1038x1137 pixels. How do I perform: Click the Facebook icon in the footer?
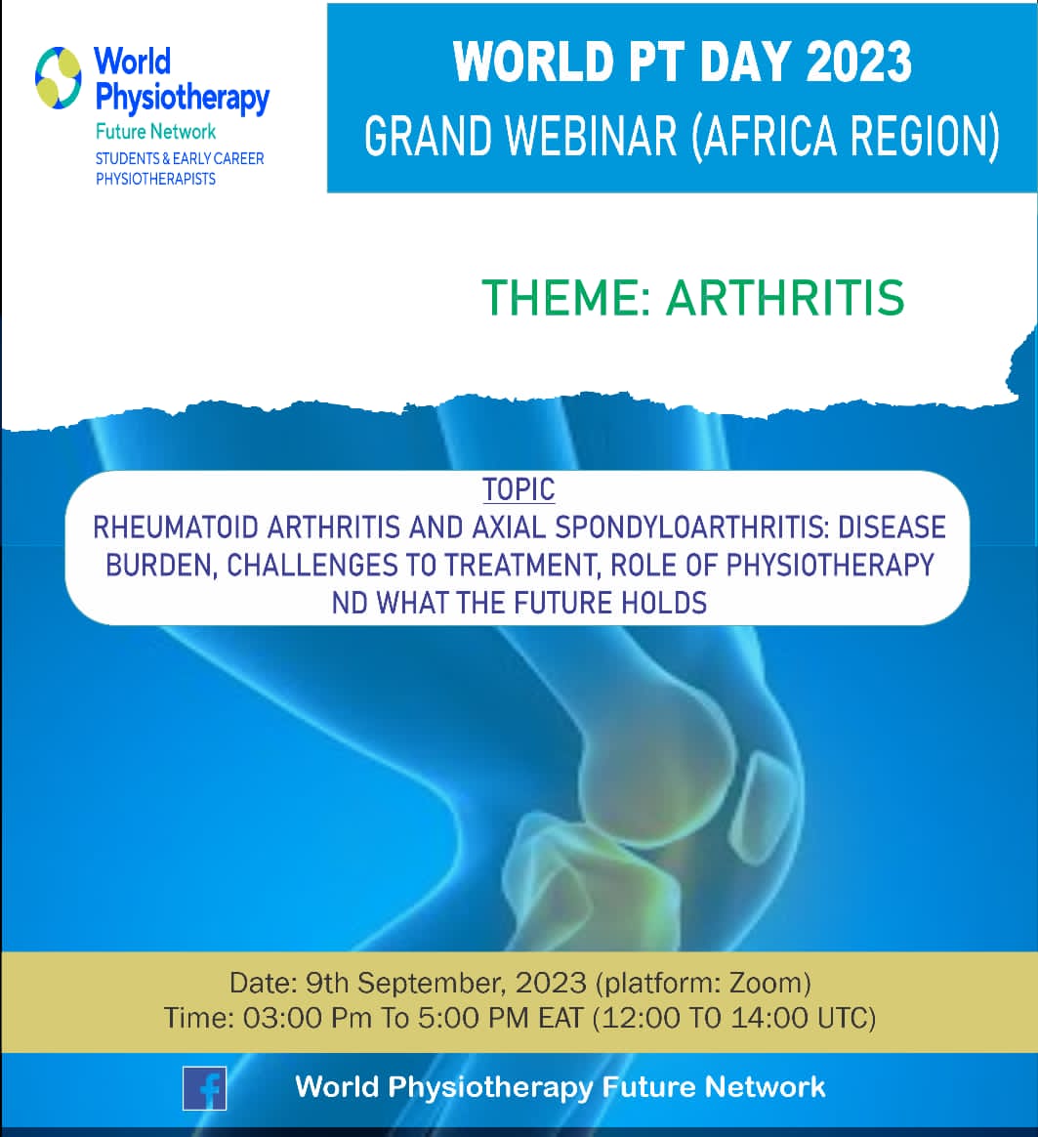tap(204, 1088)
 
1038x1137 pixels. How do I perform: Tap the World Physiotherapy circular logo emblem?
tap(58, 77)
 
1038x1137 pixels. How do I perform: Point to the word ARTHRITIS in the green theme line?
tap(785, 297)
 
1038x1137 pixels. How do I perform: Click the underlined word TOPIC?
tap(519, 489)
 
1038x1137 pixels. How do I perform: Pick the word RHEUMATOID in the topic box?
tap(175, 527)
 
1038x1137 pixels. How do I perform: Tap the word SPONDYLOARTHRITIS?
tap(691, 527)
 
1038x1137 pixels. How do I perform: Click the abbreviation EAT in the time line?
tap(561, 1018)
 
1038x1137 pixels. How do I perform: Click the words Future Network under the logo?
tap(156, 131)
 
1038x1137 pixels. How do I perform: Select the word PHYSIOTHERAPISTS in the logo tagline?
tap(156, 179)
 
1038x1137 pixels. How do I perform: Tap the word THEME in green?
tap(565, 297)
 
